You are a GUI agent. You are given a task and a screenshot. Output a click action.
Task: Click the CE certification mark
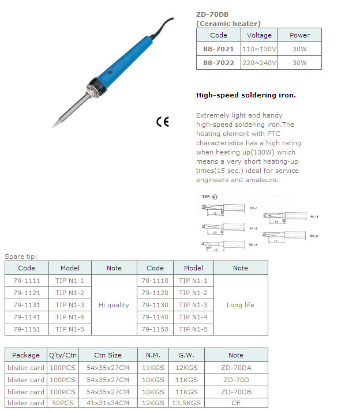163,122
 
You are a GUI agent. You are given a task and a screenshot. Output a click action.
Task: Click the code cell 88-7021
219,49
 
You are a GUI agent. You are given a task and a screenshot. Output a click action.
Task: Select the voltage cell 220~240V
259,63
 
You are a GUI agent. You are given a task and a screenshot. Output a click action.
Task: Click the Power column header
299,35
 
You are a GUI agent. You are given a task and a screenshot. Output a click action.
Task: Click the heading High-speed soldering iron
246,95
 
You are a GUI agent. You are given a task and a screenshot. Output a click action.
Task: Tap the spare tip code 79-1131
27,305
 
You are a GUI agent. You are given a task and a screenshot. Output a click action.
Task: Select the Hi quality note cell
114,305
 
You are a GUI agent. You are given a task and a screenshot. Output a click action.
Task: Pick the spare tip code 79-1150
155,329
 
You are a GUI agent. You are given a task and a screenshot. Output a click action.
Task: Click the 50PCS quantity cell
62,403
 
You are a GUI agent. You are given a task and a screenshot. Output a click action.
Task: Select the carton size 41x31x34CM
108,403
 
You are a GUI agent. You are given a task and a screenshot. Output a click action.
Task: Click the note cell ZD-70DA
235,368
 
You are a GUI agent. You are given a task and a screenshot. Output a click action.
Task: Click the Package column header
26,355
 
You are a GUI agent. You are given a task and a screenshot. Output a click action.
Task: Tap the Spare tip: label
21,256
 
